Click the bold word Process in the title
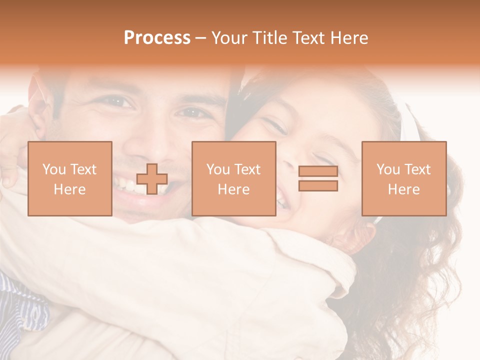[157, 38]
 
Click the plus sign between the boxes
[152, 179]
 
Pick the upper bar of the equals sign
[318, 171]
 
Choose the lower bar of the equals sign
[318, 186]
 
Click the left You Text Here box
[70, 178]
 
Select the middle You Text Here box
[234, 178]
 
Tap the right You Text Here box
[404, 178]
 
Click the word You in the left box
[53, 169]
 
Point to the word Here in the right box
[404, 189]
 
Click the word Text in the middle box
[247, 169]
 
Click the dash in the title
[200, 38]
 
